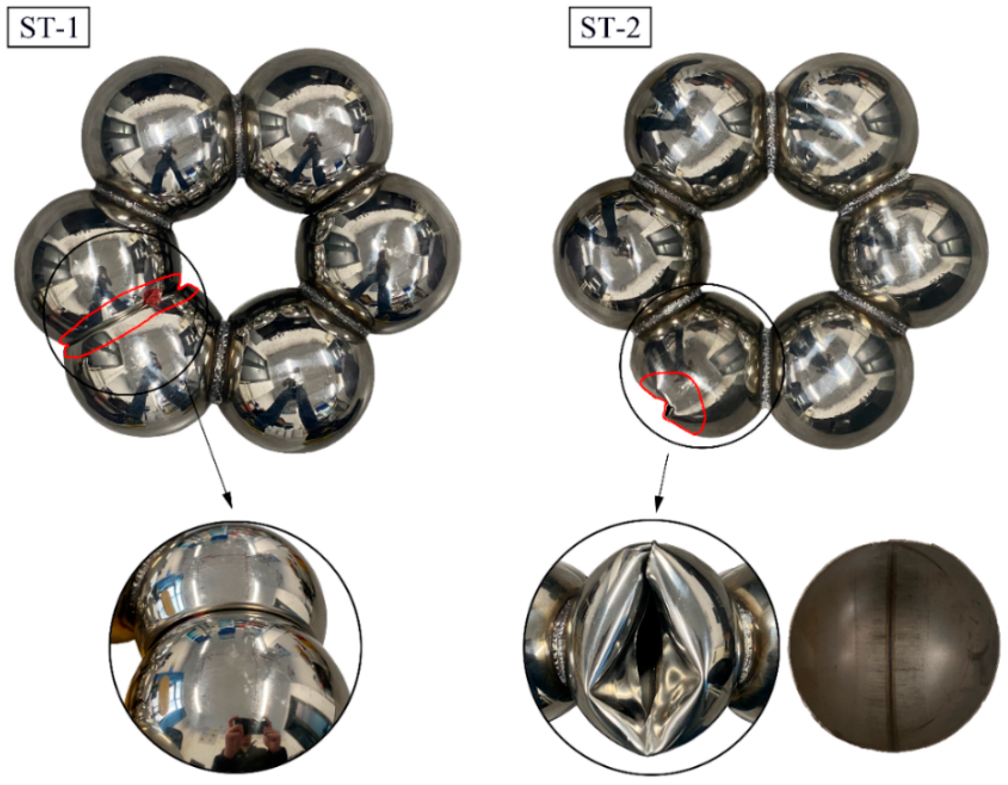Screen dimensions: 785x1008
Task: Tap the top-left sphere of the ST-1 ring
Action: tap(159, 134)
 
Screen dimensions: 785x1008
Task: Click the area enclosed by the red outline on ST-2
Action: tap(676, 397)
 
